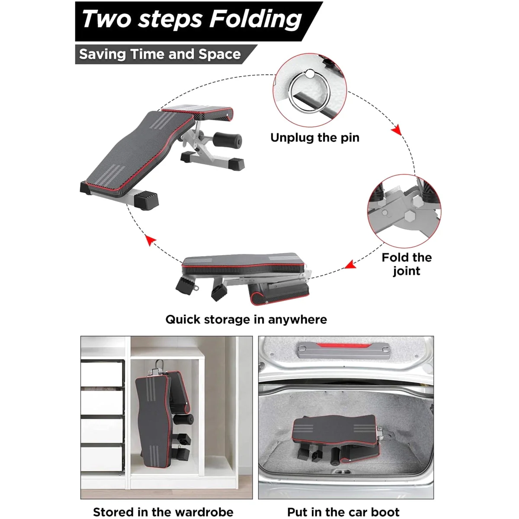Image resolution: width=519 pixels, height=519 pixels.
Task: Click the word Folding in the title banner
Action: click(x=256, y=19)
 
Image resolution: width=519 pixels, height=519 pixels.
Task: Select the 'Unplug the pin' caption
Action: click(x=315, y=138)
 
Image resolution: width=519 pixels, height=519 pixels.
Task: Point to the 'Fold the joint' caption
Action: click(x=407, y=264)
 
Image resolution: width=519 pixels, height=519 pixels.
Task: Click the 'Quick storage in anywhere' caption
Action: click(x=246, y=320)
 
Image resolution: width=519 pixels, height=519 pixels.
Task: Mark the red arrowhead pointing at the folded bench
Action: click(x=350, y=265)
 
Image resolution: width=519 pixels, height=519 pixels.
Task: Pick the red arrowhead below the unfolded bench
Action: click(x=150, y=240)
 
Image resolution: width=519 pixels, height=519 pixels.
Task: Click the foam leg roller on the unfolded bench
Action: click(x=227, y=139)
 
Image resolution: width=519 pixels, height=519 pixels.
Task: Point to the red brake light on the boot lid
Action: click(x=343, y=345)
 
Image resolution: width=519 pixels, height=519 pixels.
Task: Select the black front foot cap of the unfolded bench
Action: click(x=146, y=200)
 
